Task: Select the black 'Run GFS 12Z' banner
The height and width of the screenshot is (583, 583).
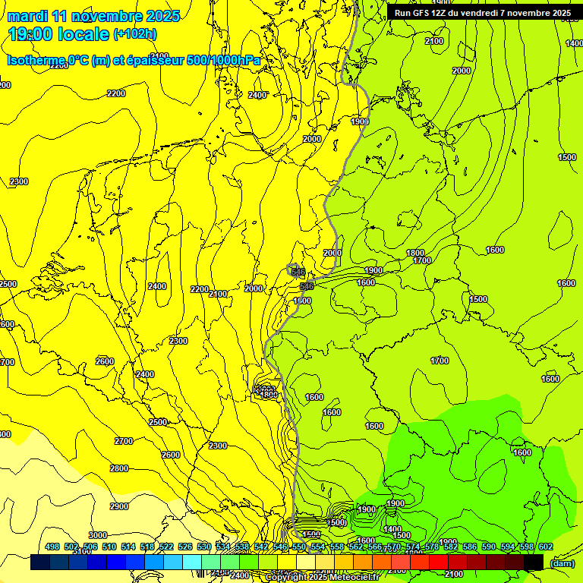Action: (482, 12)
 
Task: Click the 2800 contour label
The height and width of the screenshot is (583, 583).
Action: (119, 468)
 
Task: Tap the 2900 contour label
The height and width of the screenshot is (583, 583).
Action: (119, 506)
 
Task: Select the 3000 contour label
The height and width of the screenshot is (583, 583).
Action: (98, 535)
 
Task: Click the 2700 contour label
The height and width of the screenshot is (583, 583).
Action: (123, 440)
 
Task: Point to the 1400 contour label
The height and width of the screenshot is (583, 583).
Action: (392, 529)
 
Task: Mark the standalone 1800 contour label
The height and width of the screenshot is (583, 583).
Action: (414, 253)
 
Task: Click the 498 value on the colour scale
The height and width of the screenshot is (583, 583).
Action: (52, 547)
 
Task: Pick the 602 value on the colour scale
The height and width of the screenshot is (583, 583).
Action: (546, 547)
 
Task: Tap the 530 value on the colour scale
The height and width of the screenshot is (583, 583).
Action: (204, 547)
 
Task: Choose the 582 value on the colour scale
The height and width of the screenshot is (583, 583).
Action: (451, 547)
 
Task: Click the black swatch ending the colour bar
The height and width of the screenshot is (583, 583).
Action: (534, 562)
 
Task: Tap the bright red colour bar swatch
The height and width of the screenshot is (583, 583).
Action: (439, 562)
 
